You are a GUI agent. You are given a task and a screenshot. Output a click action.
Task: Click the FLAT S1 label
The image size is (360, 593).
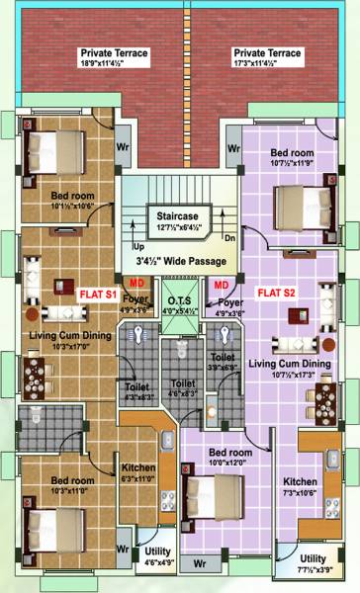pyautogui.click(x=98, y=294)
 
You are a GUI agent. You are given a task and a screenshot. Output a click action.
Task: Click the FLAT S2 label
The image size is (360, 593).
pyautogui.click(x=277, y=293)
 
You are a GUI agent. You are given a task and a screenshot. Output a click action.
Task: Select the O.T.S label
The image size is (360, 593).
pyautogui.click(x=179, y=300)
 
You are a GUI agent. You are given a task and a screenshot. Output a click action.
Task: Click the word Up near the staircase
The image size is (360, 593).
pyautogui.click(x=138, y=245)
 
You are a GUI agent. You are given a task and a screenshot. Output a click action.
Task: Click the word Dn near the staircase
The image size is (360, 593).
pyautogui.click(x=227, y=238)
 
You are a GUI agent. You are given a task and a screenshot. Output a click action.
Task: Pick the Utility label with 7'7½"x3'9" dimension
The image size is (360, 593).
pyautogui.click(x=315, y=559)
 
